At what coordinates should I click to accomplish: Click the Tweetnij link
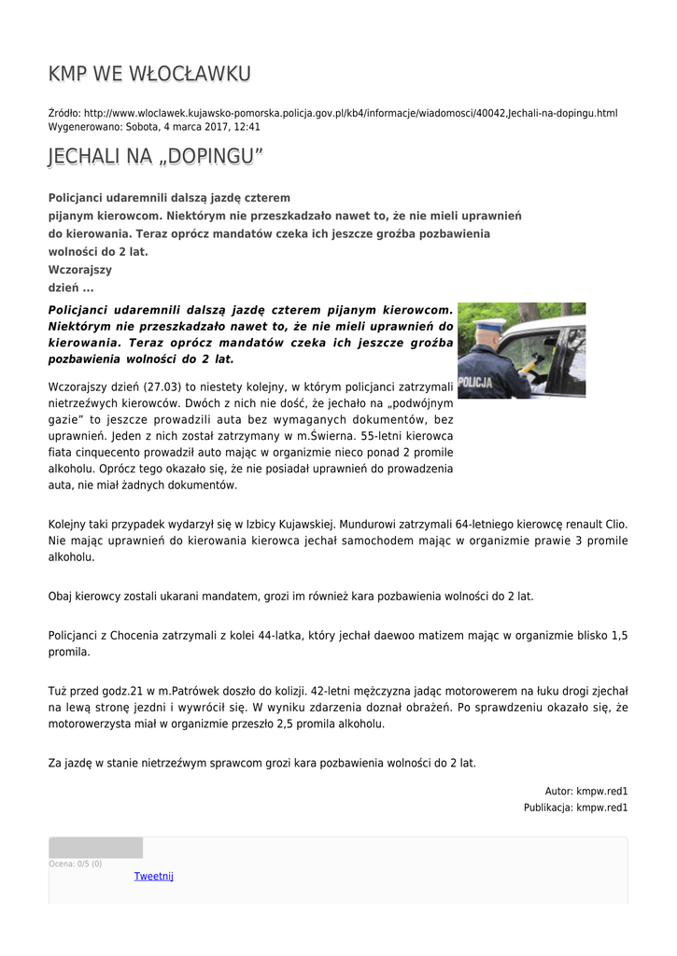[153, 876]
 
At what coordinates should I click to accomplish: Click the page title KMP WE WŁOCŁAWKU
[149, 74]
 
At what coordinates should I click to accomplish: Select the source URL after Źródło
[350, 113]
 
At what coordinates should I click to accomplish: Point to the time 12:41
[247, 126]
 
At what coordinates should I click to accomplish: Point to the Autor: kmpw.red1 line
[586, 791]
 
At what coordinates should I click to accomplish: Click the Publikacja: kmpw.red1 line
[575, 808]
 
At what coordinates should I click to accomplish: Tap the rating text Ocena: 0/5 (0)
[76, 864]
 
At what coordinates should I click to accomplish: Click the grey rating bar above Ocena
[95, 848]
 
